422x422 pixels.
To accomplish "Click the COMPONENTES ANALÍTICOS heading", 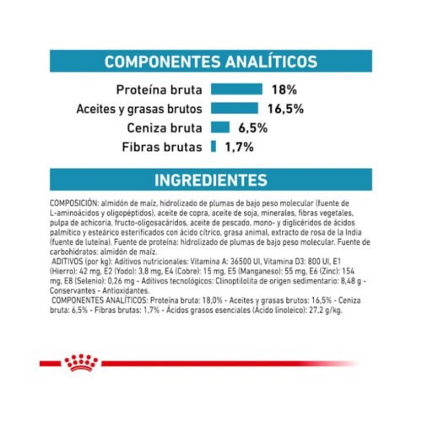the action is click(210, 62).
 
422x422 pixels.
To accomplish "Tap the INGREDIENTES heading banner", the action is click(210, 180).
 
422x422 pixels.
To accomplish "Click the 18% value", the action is click(284, 89).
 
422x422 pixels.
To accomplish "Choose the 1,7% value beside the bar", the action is click(241, 147).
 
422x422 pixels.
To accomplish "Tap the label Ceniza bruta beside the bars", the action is click(167, 127).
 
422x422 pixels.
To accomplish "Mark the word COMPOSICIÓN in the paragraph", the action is click(73, 203).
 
